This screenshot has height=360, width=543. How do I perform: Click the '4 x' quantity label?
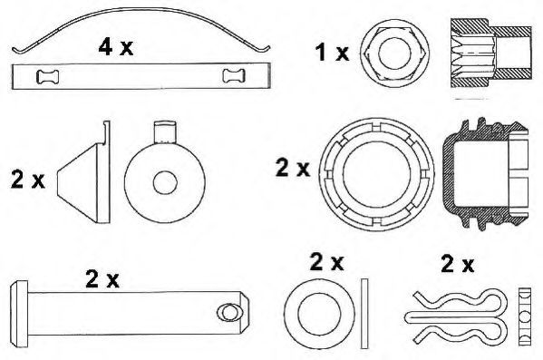coord(116,47)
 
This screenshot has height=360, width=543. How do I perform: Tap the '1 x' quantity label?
coord(332,53)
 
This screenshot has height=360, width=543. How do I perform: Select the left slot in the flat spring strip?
coord(47,76)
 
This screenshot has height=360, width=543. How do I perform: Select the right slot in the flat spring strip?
coord(234,76)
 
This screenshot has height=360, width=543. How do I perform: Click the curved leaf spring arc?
coord(141,9)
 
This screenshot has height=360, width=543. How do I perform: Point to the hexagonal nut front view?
coord(394,54)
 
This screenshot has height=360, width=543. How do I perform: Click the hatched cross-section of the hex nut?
coord(490,53)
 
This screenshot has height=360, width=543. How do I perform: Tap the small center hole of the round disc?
coord(165,182)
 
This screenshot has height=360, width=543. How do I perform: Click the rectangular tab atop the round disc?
coord(165,132)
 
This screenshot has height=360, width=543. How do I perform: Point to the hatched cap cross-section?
coord(485,173)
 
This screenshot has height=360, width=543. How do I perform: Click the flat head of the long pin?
coord(19,315)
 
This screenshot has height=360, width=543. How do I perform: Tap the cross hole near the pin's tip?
coord(229,313)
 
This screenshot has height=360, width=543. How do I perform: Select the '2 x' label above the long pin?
coord(102,279)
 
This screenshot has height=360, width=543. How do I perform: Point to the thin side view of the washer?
coord(364,314)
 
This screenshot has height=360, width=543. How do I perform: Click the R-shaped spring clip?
coord(456,316)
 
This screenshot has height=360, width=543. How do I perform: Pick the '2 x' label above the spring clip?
coord(458,264)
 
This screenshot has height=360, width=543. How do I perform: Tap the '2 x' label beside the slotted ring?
coord(293,168)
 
